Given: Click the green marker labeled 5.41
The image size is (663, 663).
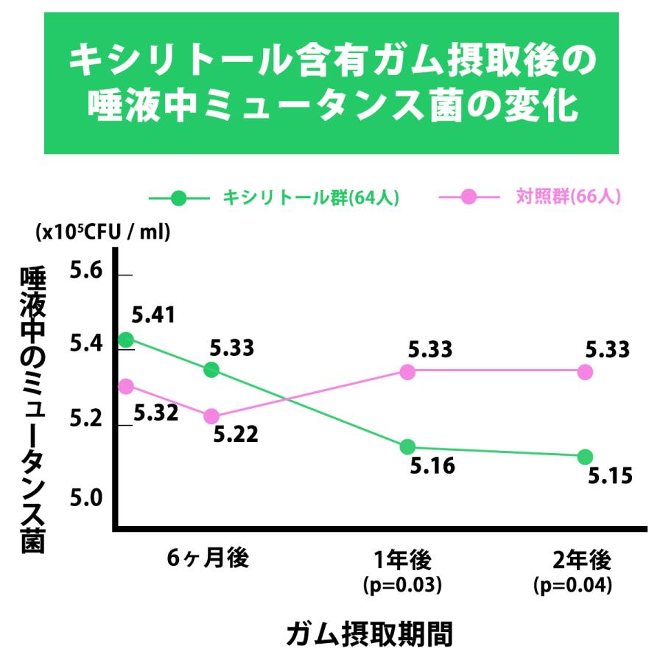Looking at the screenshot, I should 126,340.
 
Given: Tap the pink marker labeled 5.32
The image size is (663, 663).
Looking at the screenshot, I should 126,386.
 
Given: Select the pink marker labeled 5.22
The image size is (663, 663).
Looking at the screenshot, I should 211,416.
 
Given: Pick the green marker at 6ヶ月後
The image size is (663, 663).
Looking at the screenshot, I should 211,369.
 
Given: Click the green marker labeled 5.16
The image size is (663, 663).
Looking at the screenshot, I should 407,446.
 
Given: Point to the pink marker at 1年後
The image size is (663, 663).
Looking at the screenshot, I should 407,372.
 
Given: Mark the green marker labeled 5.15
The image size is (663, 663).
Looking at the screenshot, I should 585,457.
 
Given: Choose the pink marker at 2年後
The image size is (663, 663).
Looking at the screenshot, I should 585,372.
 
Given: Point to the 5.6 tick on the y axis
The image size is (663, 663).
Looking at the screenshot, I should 124,275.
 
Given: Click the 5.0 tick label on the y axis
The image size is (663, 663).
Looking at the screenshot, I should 86,499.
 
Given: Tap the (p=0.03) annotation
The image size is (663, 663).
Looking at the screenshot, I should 402,586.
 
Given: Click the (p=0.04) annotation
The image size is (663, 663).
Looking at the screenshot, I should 573,586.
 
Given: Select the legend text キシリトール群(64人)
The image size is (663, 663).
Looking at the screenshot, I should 311,197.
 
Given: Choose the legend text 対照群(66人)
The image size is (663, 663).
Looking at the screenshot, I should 567,197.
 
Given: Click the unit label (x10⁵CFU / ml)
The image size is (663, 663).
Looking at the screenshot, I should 102,232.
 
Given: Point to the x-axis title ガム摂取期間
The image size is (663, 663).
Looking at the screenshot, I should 368,633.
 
